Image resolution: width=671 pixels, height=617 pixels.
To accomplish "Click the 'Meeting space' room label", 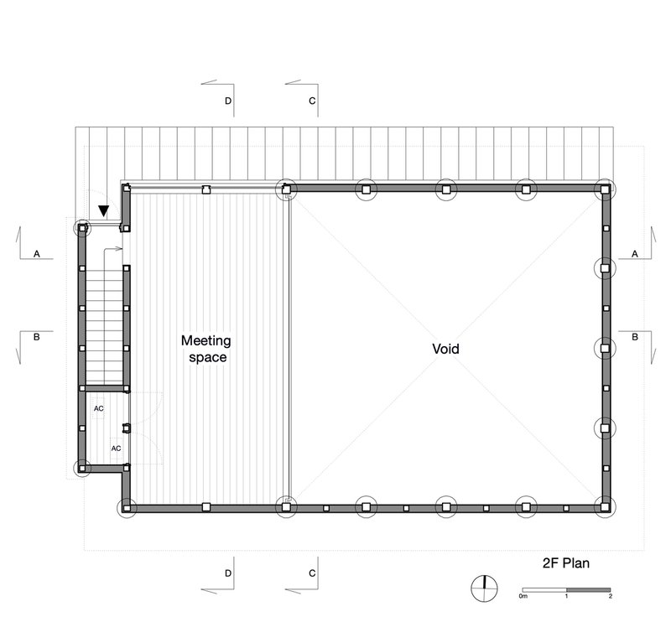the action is click(x=206, y=349).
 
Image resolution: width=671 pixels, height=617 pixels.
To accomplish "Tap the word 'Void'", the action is click(x=445, y=349).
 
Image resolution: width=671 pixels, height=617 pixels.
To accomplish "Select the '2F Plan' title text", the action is click(x=565, y=563).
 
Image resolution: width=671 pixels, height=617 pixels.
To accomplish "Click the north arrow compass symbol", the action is click(x=485, y=588).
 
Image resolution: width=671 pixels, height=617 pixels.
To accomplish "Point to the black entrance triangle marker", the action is click(x=103, y=210).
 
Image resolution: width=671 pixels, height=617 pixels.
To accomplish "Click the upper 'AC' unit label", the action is click(x=98, y=409).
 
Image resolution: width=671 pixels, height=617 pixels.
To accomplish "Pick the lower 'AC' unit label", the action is click(x=116, y=448).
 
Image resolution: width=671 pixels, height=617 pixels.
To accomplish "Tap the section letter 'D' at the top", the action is click(x=228, y=101).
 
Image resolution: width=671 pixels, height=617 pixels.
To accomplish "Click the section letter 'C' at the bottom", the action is click(x=312, y=573).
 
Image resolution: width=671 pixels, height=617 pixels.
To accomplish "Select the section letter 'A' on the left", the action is click(x=37, y=254).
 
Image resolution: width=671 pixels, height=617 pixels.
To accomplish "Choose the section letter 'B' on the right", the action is click(x=635, y=337).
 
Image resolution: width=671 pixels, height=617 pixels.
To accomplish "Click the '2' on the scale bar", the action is click(x=611, y=596).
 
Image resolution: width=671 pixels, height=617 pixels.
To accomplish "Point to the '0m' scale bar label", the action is click(x=523, y=596).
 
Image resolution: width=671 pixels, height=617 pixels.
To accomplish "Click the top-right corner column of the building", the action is click(x=605, y=189).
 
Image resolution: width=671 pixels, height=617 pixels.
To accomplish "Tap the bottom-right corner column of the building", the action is click(x=605, y=507).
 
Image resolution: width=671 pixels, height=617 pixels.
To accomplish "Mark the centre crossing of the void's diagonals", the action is click(x=445, y=349).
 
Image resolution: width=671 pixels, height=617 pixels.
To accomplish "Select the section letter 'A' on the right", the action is click(x=635, y=254).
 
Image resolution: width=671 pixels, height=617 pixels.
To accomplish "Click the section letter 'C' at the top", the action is click(x=312, y=101).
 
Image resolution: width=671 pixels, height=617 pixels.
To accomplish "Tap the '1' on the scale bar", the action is click(x=566, y=596).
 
